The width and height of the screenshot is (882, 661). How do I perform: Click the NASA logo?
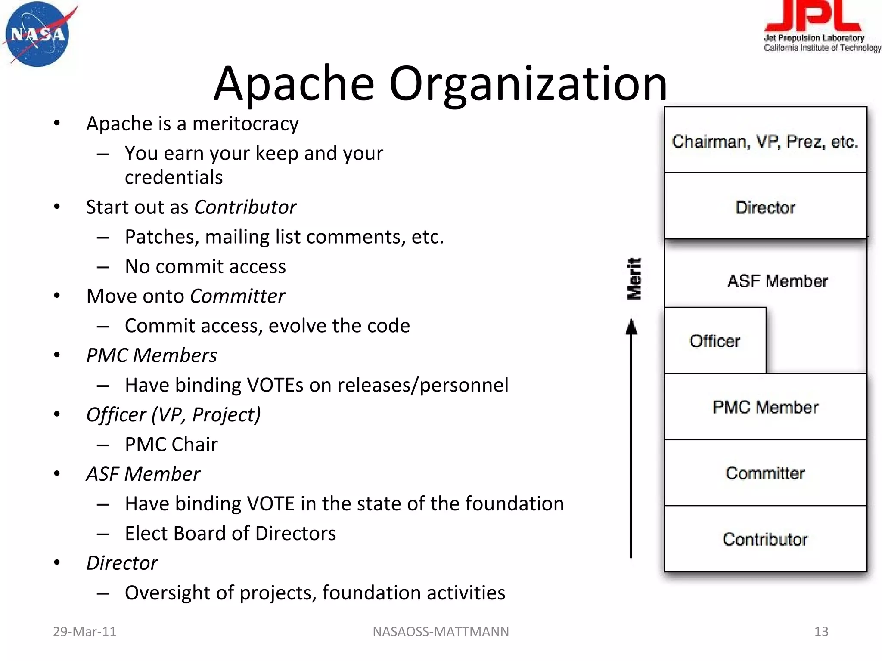[x=38, y=34]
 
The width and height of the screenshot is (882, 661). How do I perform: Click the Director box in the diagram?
[x=765, y=207]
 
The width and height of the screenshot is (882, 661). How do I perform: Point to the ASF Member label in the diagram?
[x=777, y=281]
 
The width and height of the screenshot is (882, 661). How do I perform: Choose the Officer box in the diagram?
[x=715, y=341]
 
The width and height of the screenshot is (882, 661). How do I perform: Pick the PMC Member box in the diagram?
[x=765, y=407]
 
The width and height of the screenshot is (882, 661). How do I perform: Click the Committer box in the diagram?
[x=765, y=473]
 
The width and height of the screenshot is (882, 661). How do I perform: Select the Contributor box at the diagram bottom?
[x=765, y=539]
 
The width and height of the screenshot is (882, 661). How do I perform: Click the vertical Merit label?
[x=634, y=278]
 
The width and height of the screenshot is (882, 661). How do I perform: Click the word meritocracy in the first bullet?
[x=245, y=124]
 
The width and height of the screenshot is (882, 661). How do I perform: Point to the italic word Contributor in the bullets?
[x=245, y=207]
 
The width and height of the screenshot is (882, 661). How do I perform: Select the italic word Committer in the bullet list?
[x=237, y=296]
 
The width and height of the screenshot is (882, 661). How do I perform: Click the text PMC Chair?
[x=171, y=445]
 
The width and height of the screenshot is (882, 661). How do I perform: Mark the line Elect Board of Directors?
[x=230, y=534]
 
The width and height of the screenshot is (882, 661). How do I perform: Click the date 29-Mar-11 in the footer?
[x=84, y=631]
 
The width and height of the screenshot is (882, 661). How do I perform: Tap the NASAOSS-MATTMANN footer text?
[x=441, y=631]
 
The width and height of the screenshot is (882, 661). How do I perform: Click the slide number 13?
[x=821, y=631]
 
